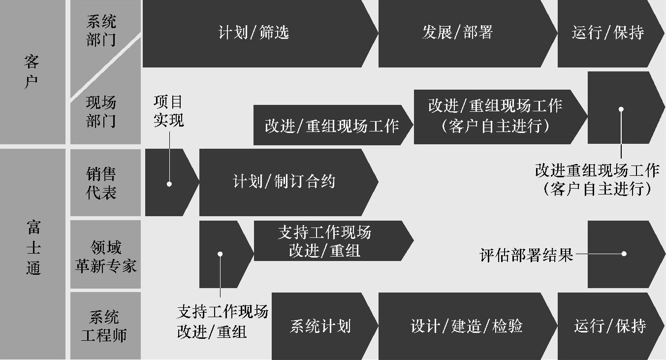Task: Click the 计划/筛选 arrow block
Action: [x=254, y=33]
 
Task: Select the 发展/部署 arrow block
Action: [x=458, y=33]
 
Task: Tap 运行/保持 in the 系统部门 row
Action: [x=608, y=33]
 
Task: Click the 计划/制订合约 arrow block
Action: [x=284, y=182]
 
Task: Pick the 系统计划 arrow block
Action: [x=320, y=326]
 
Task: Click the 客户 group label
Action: [x=32, y=72]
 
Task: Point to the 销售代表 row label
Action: [x=101, y=183]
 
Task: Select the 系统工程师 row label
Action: [x=104, y=326]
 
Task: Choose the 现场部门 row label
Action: [x=101, y=112]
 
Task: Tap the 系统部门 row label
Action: [x=101, y=31]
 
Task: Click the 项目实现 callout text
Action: [x=168, y=111]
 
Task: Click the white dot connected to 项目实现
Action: [x=169, y=184]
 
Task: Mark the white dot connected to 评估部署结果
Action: [x=624, y=254]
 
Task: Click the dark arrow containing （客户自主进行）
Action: [x=495, y=117]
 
